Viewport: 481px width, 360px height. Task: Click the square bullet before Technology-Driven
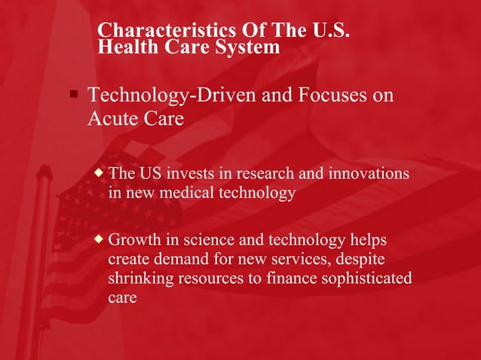(73, 96)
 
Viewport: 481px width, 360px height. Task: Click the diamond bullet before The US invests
(99, 173)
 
